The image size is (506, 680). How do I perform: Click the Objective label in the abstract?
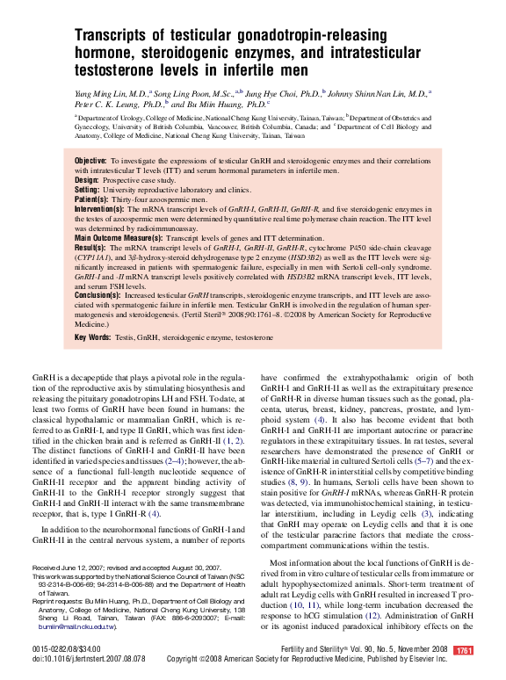(x=90, y=161)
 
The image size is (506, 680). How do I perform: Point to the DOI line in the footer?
(x=89, y=658)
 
